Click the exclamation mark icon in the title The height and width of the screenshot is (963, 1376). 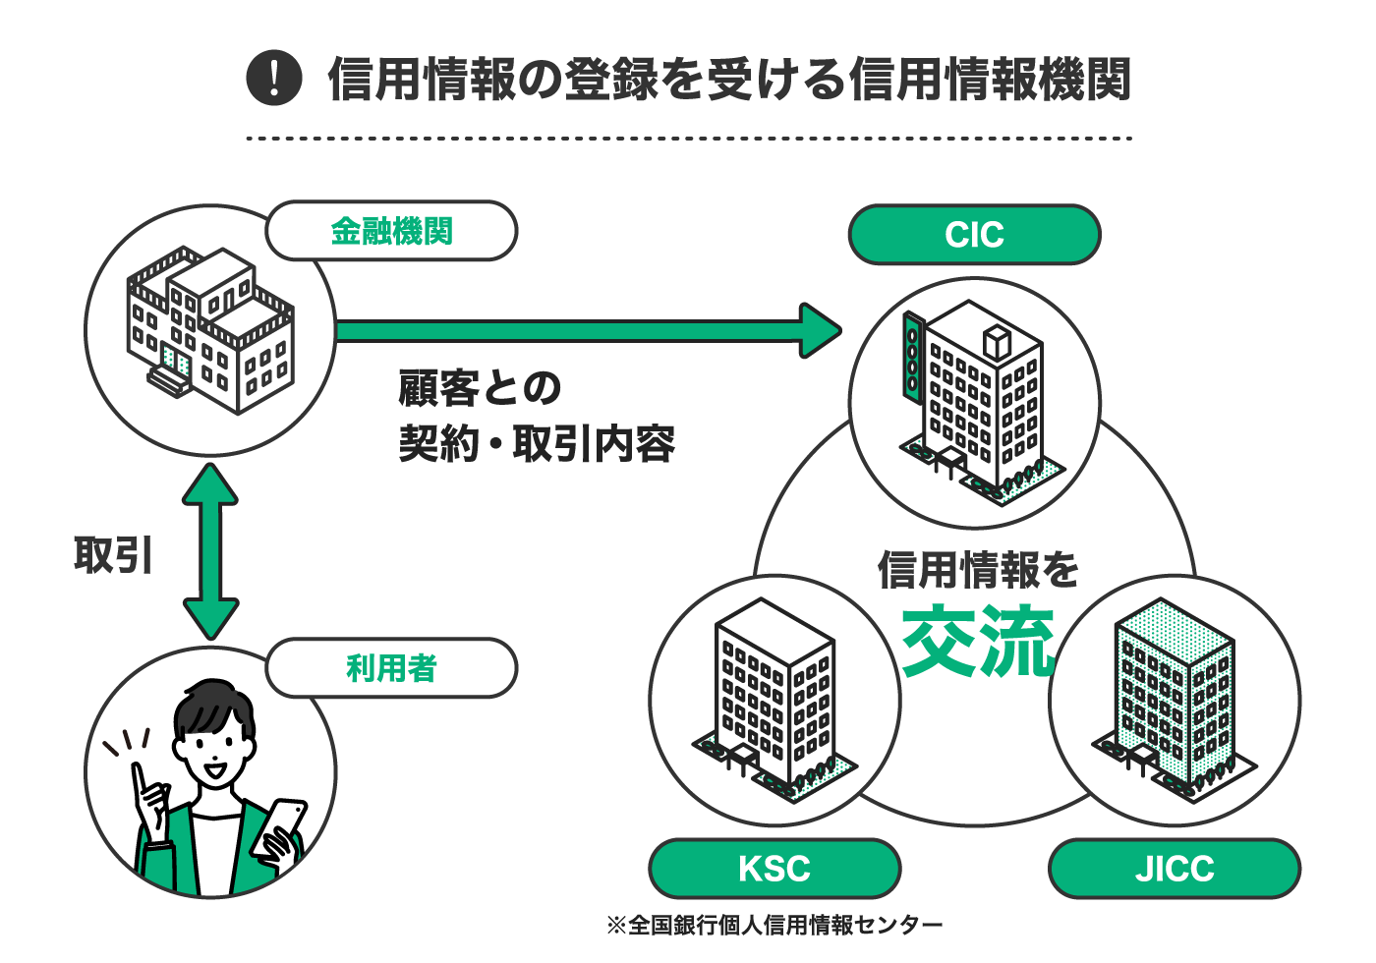pyautogui.click(x=273, y=79)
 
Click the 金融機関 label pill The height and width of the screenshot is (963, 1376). pyautogui.click(x=391, y=231)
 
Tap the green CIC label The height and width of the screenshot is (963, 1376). pyautogui.click(x=974, y=235)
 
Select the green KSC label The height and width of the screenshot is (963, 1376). pyautogui.click(x=774, y=869)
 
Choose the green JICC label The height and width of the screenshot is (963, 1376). pyautogui.click(x=1175, y=869)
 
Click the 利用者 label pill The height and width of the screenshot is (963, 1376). pyautogui.click(x=391, y=668)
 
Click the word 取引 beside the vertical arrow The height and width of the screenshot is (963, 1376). pyautogui.click(x=114, y=555)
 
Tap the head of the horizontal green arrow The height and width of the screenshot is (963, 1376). pyautogui.click(x=821, y=330)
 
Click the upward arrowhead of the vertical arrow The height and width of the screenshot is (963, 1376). pyautogui.click(x=210, y=483)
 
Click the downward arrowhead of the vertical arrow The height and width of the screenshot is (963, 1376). pyautogui.click(x=210, y=619)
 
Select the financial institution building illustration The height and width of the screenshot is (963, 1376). pyautogui.click(x=210, y=329)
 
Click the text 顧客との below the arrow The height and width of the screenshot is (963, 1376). pyautogui.click(x=480, y=388)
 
